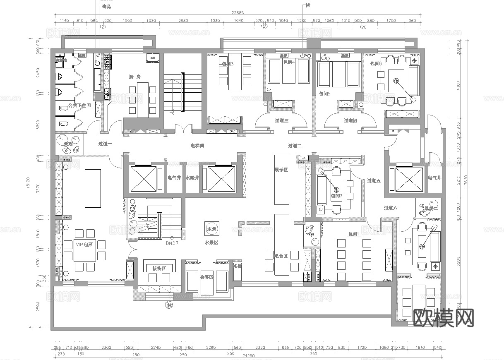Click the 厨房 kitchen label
click(135, 77)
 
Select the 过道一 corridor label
click(105, 144)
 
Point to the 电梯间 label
click(197, 146)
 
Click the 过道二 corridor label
click(295, 146)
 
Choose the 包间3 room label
click(228, 64)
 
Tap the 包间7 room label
click(336, 196)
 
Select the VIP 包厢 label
click(84, 245)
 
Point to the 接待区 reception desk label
click(159, 269)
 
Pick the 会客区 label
click(206, 277)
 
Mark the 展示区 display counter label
click(281, 170)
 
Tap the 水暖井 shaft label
click(192, 178)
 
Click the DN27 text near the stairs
click(172, 243)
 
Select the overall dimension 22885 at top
click(238, 13)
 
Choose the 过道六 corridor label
click(390, 208)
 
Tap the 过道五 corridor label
click(373, 181)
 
